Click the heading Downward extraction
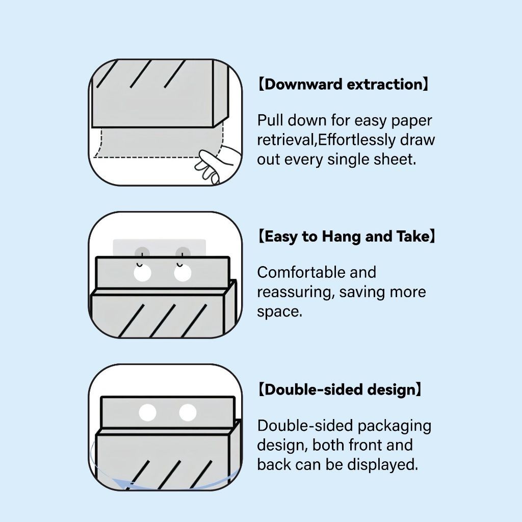coord(343,85)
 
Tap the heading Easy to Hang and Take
coord(347,237)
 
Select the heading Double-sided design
coord(340,390)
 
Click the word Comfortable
coord(295,273)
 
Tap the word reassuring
coord(295,293)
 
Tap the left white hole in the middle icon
coord(143,274)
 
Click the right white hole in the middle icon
coord(182,274)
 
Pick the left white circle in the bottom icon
coord(147,412)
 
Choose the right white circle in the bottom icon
coord(188,412)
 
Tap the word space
coord(279,312)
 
